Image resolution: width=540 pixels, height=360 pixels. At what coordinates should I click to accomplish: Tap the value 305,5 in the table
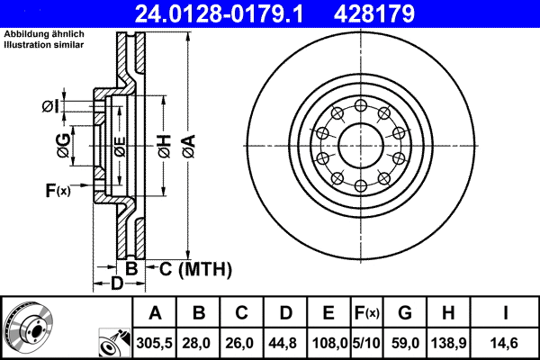[155, 342]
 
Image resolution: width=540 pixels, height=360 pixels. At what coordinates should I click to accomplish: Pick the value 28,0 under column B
[199, 342]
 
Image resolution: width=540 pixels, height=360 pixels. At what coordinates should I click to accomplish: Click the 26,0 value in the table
[242, 342]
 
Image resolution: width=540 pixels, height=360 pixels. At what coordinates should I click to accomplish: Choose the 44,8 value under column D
[285, 342]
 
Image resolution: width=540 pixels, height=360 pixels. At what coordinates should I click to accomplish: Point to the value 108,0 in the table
[328, 342]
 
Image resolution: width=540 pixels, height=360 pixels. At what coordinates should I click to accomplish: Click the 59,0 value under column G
[404, 342]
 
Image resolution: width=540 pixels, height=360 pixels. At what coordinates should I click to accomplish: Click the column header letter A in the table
[155, 313]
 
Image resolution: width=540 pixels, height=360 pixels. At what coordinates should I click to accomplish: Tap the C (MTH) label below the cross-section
[192, 269]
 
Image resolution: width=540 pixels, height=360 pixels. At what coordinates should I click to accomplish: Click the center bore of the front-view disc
[360, 145]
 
